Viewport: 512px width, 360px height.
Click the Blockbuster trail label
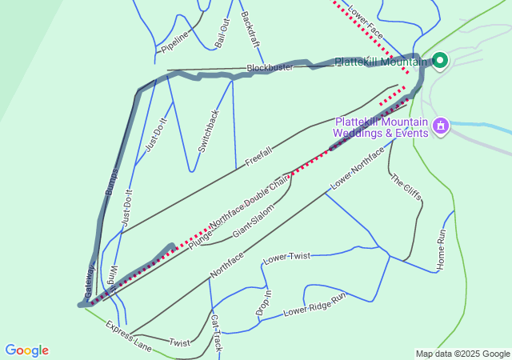click(x=270, y=68)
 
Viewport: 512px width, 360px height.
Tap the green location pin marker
click(x=439, y=60)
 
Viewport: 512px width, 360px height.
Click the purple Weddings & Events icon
click(x=439, y=126)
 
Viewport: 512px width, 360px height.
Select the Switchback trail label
click(x=208, y=131)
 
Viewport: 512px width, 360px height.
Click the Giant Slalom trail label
click(x=253, y=221)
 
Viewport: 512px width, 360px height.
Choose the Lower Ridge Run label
click(x=314, y=304)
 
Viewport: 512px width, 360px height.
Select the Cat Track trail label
click(x=216, y=334)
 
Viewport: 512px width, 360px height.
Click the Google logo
click(x=26, y=350)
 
